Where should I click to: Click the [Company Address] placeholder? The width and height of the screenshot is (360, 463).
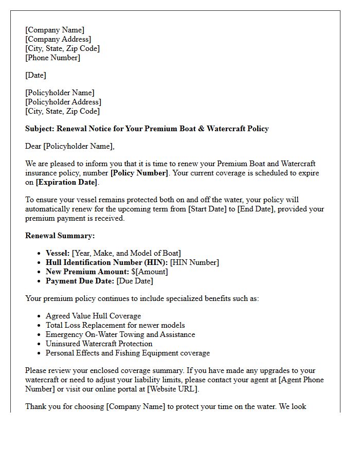point(58,39)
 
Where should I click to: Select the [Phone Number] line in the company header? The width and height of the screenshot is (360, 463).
point(52,58)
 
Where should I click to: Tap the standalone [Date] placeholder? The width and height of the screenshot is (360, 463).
point(35,75)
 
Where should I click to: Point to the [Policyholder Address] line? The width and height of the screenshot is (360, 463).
point(63,102)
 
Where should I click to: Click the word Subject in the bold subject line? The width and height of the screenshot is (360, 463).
point(40,129)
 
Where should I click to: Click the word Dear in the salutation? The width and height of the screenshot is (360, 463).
point(33,146)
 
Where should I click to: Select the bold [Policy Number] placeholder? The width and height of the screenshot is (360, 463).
point(139,173)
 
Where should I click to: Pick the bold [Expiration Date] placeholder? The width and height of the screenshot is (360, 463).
point(66,182)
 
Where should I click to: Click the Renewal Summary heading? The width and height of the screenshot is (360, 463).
point(60,236)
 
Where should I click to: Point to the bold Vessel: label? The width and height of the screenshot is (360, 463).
point(58,253)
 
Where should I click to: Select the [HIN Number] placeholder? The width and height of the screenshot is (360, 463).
point(194,262)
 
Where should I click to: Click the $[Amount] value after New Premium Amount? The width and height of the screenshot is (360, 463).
point(150,272)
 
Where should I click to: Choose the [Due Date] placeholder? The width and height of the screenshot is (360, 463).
point(135,281)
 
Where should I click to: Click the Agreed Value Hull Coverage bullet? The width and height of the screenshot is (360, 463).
point(93,316)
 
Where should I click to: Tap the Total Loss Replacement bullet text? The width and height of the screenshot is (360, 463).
point(115,325)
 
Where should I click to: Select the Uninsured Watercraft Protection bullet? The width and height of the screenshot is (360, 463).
point(99,344)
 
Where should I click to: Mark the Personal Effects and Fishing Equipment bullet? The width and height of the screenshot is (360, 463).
point(128,353)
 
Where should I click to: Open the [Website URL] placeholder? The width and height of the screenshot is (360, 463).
point(172,389)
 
